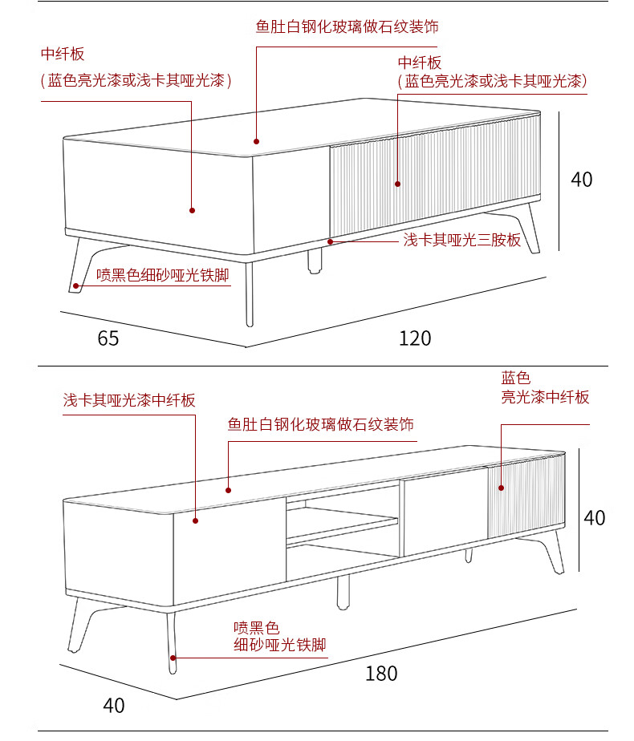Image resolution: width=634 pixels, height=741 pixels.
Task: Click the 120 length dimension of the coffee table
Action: click(415, 338)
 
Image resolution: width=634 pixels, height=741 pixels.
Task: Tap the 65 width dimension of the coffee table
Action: click(108, 338)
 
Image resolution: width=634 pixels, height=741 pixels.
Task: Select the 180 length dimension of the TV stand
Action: click(381, 673)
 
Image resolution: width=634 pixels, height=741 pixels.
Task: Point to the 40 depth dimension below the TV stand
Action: click(114, 706)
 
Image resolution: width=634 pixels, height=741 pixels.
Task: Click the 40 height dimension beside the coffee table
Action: click(582, 180)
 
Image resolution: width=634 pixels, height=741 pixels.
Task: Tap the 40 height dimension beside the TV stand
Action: click(595, 518)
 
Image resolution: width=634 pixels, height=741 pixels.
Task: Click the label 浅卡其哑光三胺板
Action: click(461, 240)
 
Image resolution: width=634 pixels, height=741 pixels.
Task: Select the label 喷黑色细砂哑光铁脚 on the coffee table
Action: click(163, 276)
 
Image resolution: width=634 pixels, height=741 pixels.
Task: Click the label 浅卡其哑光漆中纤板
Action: click(129, 400)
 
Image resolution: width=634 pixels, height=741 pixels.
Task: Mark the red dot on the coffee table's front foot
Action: click(76, 285)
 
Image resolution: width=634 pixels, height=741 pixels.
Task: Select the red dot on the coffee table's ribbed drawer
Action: click(397, 184)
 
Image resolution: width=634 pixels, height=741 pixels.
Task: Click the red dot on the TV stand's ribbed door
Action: click(501, 487)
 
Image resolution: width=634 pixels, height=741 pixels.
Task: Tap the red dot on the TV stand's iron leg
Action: click(173, 658)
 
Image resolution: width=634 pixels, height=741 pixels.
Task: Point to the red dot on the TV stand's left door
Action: click(195, 520)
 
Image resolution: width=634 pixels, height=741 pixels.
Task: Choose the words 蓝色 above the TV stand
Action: click(516, 377)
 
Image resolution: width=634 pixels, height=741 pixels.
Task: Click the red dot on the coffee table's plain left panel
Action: click(193, 210)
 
